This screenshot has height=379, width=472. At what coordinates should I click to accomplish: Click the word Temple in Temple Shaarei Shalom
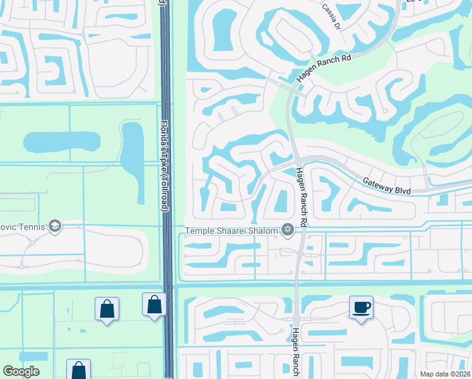pyautogui.click(x=199, y=231)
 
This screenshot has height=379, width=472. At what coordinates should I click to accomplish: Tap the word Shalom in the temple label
pyautogui.click(x=264, y=231)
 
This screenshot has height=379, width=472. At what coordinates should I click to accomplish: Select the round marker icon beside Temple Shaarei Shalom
pyautogui.click(x=288, y=229)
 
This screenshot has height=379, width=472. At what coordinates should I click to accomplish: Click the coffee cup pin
pyautogui.click(x=361, y=308)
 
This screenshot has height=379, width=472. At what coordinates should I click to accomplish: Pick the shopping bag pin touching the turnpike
pyautogui.click(x=154, y=305)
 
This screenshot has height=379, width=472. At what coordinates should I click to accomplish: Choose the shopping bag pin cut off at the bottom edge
pyautogui.click(x=78, y=370)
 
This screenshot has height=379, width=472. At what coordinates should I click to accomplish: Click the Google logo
pyautogui.click(x=21, y=371)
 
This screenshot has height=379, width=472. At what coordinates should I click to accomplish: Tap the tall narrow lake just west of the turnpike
pyautogui.click(x=132, y=152)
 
